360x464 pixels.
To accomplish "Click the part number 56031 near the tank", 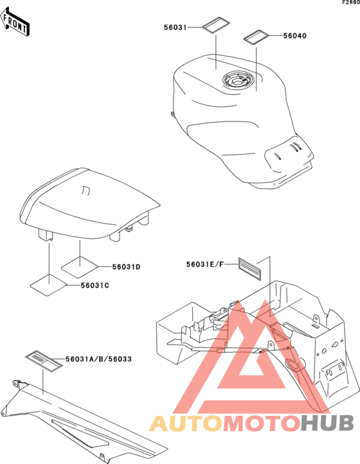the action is (175, 28).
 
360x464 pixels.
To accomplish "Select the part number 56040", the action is (295, 36).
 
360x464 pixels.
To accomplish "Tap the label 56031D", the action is (126, 267).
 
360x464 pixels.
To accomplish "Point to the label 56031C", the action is (94, 285).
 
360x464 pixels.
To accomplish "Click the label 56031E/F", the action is (205, 264).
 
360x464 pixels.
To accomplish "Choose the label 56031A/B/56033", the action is (98, 359).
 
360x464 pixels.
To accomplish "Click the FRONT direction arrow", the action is (14, 22).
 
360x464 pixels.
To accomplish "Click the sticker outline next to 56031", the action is (215, 24).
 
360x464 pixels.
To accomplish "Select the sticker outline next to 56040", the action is (256, 37).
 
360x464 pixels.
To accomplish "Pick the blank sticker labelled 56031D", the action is (79, 267).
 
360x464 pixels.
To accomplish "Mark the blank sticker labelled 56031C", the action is (49, 285).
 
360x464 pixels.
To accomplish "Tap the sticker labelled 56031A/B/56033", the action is (44, 361).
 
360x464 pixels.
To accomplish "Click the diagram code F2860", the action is (351, 3).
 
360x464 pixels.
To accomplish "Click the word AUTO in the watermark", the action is (186, 423).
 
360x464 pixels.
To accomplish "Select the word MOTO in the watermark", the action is (261, 423).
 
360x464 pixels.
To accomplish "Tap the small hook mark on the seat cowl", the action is (86, 191).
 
